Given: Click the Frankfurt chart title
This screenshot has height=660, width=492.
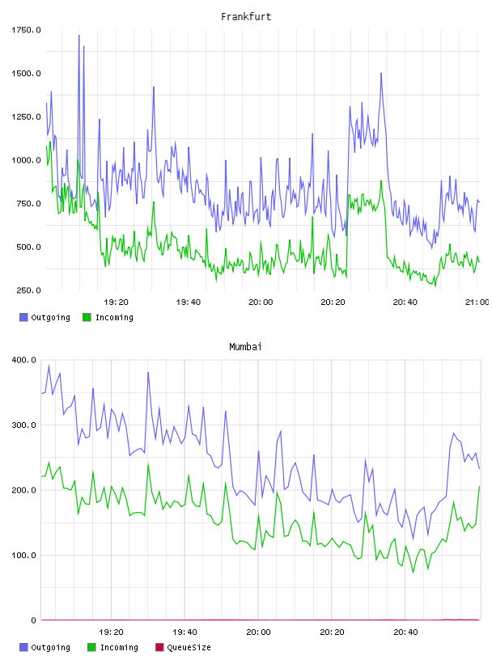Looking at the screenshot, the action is click(x=246, y=17).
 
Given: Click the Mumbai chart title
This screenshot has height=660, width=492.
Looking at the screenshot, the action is click(x=245, y=347).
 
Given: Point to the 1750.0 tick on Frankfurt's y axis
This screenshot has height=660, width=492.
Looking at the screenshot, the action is click(x=26, y=30).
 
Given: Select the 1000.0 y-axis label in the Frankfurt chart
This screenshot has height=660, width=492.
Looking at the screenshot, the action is click(x=26, y=160).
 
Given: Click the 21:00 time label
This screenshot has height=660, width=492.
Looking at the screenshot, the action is click(x=477, y=302).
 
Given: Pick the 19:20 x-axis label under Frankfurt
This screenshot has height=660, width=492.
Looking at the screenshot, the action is click(x=117, y=302).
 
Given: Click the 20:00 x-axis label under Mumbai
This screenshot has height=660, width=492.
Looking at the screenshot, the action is click(x=258, y=632).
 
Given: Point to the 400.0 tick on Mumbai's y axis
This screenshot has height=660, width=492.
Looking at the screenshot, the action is click(x=24, y=360).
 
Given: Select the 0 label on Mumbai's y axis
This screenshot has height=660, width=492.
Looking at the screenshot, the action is click(x=34, y=620).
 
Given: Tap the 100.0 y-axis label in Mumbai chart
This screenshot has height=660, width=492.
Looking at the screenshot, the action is click(x=24, y=555).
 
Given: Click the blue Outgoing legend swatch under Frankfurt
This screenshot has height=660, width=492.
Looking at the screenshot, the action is click(x=23, y=317).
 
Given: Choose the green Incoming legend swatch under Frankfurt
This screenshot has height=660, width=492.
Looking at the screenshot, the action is click(x=87, y=317).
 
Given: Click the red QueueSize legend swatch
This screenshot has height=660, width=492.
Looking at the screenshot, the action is click(x=159, y=647).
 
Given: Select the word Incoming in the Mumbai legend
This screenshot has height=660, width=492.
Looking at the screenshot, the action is click(x=119, y=647).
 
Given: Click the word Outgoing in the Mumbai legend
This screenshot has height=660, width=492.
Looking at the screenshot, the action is click(x=50, y=647).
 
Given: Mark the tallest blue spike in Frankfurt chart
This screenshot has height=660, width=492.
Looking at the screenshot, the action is click(x=78, y=36).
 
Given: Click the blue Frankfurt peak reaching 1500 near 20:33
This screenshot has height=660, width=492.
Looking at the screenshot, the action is click(x=381, y=74).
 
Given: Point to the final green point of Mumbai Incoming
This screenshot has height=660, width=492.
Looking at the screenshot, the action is click(x=479, y=487).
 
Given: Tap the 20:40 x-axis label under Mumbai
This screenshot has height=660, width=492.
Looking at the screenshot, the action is click(x=405, y=632).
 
